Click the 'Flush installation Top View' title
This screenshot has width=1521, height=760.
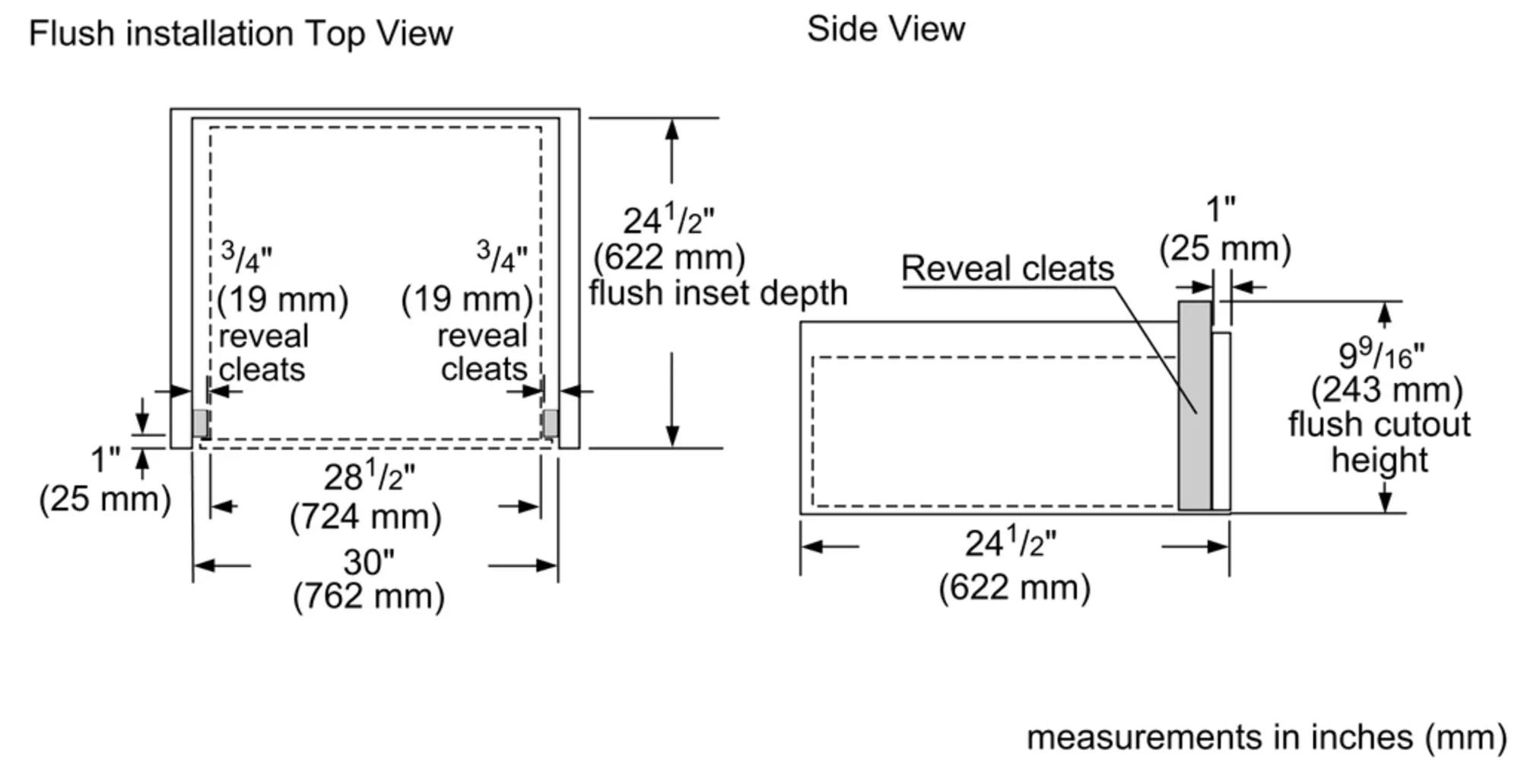(x=240, y=34)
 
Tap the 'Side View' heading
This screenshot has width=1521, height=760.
(x=886, y=30)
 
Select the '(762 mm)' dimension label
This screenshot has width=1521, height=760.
(x=369, y=597)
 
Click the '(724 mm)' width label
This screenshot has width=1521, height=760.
(x=366, y=518)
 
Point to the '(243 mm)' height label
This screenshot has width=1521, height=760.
(x=1387, y=391)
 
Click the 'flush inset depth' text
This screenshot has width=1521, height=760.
(x=718, y=293)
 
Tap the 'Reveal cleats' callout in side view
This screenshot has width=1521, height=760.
(x=1008, y=269)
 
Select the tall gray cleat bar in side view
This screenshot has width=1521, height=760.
(x=1195, y=406)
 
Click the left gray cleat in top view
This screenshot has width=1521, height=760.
(x=200, y=423)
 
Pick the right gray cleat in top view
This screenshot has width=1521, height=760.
(x=550, y=423)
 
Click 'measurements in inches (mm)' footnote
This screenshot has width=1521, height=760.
(x=1267, y=737)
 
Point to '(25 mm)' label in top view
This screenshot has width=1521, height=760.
(x=105, y=499)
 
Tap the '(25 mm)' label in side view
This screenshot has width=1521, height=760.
(x=1225, y=249)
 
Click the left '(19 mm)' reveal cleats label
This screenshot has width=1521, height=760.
(x=283, y=299)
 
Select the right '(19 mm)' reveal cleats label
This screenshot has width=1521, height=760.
(x=467, y=299)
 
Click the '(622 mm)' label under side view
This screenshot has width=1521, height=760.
(x=1015, y=587)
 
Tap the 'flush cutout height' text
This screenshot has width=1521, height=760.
(x=1380, y=442)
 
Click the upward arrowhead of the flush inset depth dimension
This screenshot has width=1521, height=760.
(x=672, y=129)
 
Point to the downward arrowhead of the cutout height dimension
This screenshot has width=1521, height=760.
(x=1385, y=502)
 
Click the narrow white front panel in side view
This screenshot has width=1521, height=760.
(x=1221, y=421)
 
